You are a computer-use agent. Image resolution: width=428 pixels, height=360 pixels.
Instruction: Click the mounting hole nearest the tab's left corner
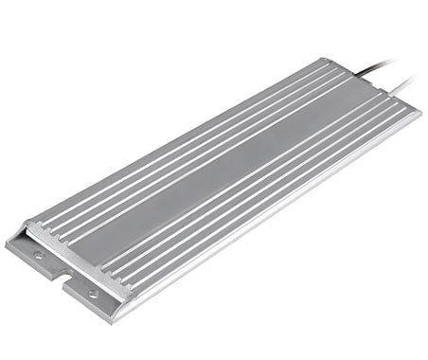tap(38, 254)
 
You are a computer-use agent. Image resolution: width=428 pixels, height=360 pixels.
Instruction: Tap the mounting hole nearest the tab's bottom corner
tap(93, 294)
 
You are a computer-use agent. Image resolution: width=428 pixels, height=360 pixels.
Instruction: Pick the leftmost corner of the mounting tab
tap(7, 245)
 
